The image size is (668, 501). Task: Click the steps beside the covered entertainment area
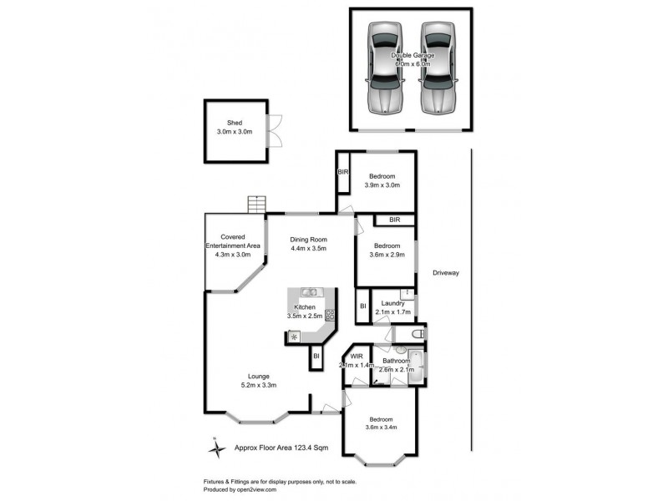pos(256,205)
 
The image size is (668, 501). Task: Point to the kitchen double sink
pos(309,292)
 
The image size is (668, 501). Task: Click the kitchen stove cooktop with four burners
pos(330,315)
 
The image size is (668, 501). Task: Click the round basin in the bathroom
pos(400,351)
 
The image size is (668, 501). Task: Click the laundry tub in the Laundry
pos(406,293)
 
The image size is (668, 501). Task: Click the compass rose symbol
pos(216,448)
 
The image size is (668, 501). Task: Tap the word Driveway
pos(447,273)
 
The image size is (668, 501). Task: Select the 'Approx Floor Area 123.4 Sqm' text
pos(281,448)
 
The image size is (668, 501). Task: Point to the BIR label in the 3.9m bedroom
pos(342,172)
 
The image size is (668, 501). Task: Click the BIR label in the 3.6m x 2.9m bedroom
pos(394,220)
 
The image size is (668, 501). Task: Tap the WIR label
pos(357,357)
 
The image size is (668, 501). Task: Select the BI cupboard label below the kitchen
pos(316,357)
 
